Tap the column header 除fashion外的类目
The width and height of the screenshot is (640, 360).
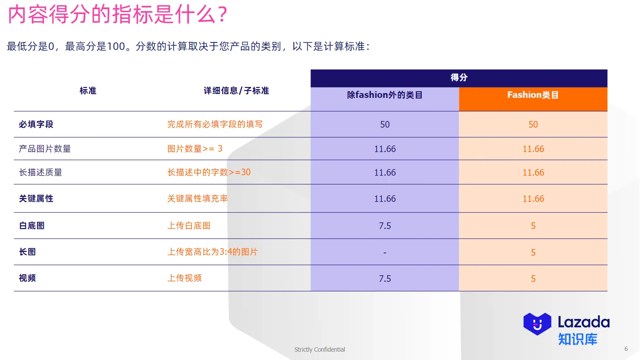[385, 95]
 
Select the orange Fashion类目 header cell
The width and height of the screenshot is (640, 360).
[533, 95]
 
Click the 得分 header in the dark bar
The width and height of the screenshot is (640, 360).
[459, 77]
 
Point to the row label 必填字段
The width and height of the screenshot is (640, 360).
[36, 125]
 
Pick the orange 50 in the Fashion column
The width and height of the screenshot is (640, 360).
[533, 125]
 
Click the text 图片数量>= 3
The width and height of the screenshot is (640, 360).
[195, 149]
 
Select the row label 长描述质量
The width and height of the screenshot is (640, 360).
[41, 173]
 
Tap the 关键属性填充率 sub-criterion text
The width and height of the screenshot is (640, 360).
[197, 199]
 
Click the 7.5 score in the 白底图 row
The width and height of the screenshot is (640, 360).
[385, 226]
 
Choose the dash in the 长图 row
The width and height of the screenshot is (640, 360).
[385, 253]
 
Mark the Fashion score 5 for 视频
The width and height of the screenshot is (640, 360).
[533, 279]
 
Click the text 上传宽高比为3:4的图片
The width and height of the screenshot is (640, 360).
[213, 252]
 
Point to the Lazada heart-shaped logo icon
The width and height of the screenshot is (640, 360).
[537, 324]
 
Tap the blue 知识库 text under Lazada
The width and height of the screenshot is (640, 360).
[578, 339]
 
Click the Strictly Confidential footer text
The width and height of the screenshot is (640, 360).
[320, 350]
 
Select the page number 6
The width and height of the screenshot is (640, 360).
[626, 349]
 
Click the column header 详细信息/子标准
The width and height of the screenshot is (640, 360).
[236, 91]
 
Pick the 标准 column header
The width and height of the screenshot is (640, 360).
[88, 91]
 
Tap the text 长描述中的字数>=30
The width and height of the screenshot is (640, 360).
[209, 173]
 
